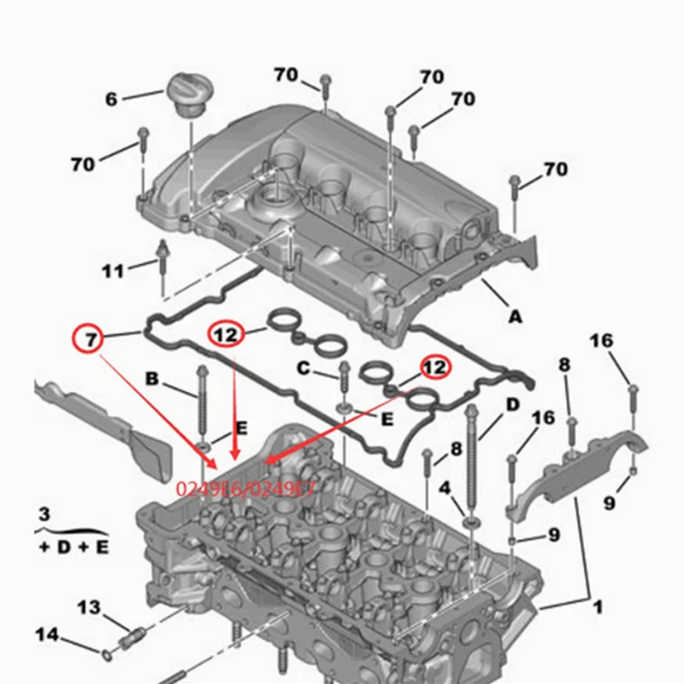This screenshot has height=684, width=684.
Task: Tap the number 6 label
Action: [112, 99]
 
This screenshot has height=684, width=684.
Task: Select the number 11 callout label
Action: [113, 272]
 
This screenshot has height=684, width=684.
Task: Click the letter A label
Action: [515, 316]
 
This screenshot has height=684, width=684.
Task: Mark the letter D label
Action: [512, 404]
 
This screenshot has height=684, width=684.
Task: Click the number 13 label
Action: [90, 607]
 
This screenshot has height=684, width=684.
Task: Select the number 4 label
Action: [445, 488]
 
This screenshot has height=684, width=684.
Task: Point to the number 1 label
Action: [598, 607]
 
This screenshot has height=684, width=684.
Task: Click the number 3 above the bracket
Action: [45, 514]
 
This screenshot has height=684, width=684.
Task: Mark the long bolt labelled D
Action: [471, 457]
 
